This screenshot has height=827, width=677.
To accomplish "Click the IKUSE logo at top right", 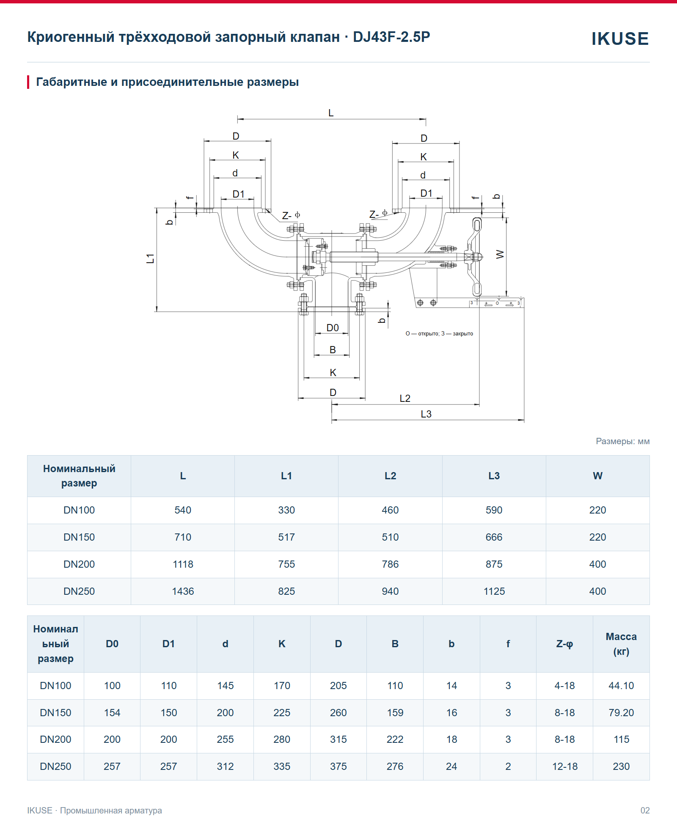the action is pyautogui.click(x=620, y=38).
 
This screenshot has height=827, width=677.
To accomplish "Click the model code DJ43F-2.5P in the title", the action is pyautogui.click(x=391, y=37).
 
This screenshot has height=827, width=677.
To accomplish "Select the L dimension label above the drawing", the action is pyautogui.click(x=331, y=113).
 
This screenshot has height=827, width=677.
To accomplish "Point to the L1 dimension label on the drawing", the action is pyautogui.click(x=150, y=258).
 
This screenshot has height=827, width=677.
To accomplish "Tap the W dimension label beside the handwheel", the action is pyautogui.click(x=500, y=254).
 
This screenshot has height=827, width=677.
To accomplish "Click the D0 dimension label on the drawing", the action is pyautogui.click(x=333, y=328).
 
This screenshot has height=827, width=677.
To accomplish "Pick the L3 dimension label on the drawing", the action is pyautogui.click(x=426, y=414).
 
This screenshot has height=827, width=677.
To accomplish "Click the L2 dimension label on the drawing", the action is pyautogui.click(x=405, y=398).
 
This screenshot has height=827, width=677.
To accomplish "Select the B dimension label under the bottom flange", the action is pyautogui.click(x=333, y=350).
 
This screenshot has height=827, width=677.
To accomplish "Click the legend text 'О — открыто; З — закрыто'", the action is pyautogui.click(x=439, y=334).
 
